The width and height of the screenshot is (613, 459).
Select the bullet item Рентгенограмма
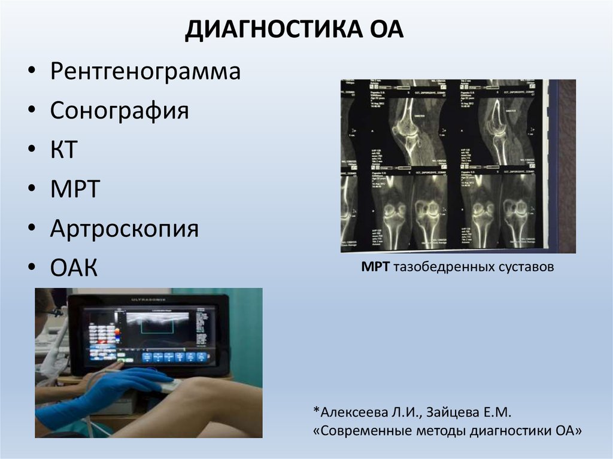tap(145, 72)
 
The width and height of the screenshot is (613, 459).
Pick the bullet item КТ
tap(64, 150)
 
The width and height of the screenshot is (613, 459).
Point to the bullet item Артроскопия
tap(125, 229)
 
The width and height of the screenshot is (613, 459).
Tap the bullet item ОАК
tap(74, 268)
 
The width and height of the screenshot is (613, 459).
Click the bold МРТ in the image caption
tap(375, 268)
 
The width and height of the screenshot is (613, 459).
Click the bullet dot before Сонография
tap(31, 111)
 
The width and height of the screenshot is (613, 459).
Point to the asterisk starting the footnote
tap(315, 410)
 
